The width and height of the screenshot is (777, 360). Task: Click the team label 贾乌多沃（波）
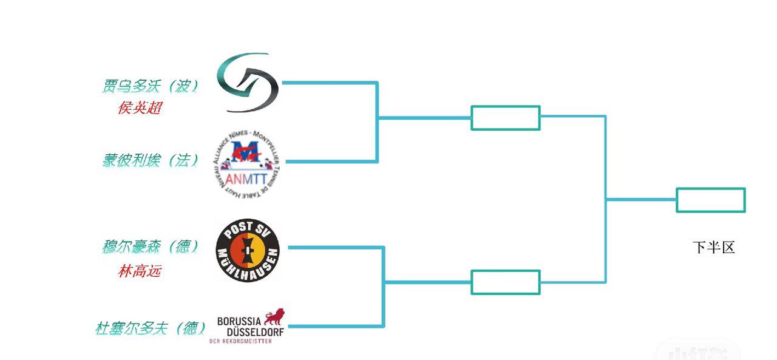coord(150,86)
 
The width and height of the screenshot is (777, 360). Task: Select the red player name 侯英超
coord(140,108)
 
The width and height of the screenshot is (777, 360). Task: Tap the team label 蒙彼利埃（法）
coord(150,160)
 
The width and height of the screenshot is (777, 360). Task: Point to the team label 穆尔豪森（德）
coord(150,247)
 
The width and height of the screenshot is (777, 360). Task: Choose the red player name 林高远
coord(140,271)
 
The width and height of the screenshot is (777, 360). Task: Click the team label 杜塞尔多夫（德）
coord(150,328)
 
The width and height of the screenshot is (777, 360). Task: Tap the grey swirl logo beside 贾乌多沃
coord(248,83)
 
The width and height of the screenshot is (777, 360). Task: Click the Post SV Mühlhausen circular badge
coord(248,251)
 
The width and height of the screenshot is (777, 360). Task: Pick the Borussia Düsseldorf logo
coord(248,327)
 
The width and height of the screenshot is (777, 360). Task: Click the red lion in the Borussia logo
coord(274,317)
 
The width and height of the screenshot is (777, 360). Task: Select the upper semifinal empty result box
coord(505,118)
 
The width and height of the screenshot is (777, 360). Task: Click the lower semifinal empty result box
coord(505,282)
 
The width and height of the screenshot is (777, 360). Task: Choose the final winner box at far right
coord(710,200)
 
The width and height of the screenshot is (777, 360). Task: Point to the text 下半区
coord(714,248)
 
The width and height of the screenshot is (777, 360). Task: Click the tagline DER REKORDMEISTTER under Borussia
coord(240,341)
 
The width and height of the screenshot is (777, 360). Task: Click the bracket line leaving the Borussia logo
coord(334,326)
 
